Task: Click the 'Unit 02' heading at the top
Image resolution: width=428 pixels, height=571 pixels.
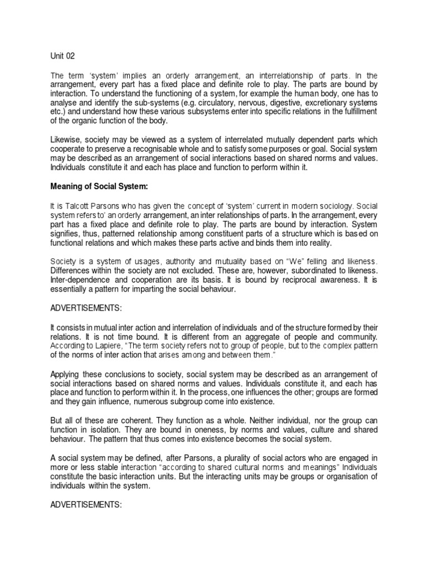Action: tap(62, 56)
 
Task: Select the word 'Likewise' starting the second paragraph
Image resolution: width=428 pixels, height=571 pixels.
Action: tap(66, 139)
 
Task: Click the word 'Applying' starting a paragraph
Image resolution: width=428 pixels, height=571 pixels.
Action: tap(67, 374)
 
